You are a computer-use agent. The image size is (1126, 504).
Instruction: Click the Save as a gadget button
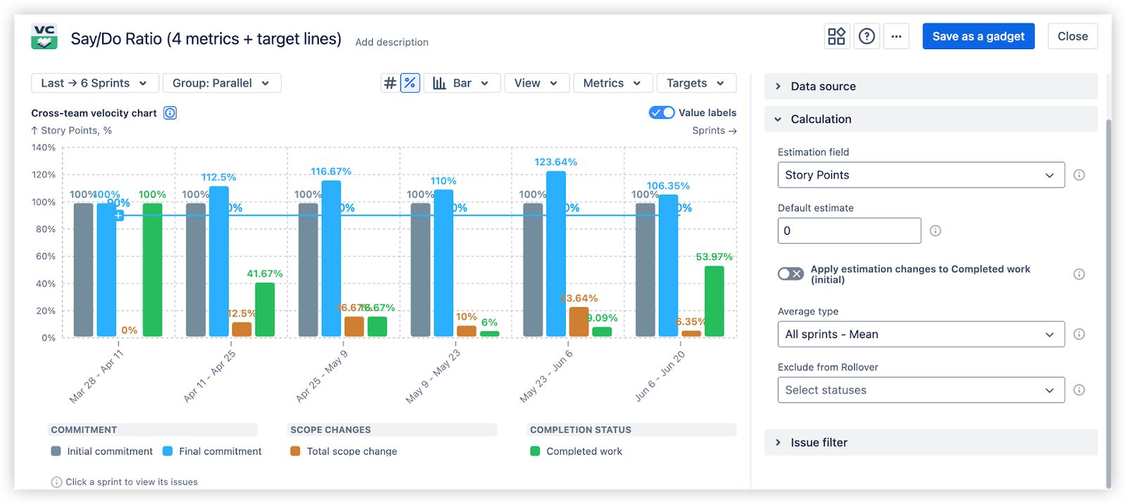tap(978, 37)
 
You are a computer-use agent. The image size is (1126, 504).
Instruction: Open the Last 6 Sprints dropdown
tap(94, 83)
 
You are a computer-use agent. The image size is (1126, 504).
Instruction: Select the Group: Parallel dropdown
tap(222, 83)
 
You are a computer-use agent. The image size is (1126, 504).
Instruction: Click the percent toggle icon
tap(410, 83)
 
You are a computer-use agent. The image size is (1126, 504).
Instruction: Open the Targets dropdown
tap(695, 83)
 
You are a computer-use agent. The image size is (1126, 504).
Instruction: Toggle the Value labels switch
tap(662, 112)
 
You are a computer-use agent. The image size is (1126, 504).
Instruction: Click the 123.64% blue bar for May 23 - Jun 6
tap(556, 253)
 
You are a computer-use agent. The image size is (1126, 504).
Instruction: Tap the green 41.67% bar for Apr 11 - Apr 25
tap(265, 309)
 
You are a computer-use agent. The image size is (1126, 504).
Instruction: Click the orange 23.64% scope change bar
tap(578, 322)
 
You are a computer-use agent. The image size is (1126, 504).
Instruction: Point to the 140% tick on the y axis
tap(44, 148)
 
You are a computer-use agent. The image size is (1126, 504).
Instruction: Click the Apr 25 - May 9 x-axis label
tap(322, 377)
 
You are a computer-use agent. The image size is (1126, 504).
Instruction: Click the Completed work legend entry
tap(583, 451)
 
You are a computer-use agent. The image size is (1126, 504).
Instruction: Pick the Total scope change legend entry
tap(351, 451)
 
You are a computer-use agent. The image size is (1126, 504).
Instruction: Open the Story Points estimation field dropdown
tap(921, 175)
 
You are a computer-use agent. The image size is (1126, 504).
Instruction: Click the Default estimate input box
tap(849, 231)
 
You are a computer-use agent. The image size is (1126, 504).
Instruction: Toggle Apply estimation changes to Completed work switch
tap(790, 274)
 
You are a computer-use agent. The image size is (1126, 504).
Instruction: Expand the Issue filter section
tap(818, 442)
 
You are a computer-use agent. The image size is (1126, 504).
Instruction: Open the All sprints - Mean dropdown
tap(921, 335)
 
